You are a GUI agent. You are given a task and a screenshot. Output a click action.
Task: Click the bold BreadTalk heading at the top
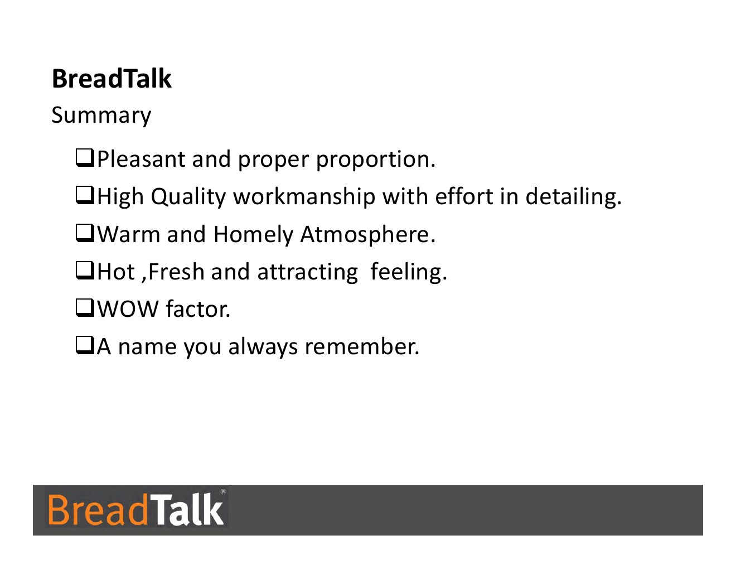[112, 79]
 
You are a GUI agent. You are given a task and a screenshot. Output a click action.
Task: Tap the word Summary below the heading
[101, 115]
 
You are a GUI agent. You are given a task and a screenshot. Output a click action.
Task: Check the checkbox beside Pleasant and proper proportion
[85, 158]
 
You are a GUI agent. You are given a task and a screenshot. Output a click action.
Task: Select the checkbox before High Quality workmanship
[85, 196]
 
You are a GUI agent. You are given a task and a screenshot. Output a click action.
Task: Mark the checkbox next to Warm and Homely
[85, 233]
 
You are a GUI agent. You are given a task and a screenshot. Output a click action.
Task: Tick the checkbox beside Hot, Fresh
[85, 271]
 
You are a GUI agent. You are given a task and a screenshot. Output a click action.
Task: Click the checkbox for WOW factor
[85, 308]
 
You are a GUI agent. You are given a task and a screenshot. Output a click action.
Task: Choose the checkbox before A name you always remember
[85, 346]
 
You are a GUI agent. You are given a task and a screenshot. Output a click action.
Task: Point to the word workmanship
[304, 196]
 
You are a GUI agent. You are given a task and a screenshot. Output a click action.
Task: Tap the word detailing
[573, 196]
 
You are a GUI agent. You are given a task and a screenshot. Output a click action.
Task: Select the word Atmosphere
[368, 234]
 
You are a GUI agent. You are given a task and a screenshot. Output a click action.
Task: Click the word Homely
[253, 234]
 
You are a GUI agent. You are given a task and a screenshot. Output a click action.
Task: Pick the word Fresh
[176, 272]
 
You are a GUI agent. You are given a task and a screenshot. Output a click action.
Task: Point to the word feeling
[409, 272]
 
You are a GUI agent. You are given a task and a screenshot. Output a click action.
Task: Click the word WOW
[128, 309]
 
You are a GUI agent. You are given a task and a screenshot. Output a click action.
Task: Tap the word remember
[362, 346]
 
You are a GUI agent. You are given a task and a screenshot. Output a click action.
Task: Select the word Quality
[188, 197]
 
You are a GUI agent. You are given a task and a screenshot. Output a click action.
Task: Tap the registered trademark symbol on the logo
[223, 491]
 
